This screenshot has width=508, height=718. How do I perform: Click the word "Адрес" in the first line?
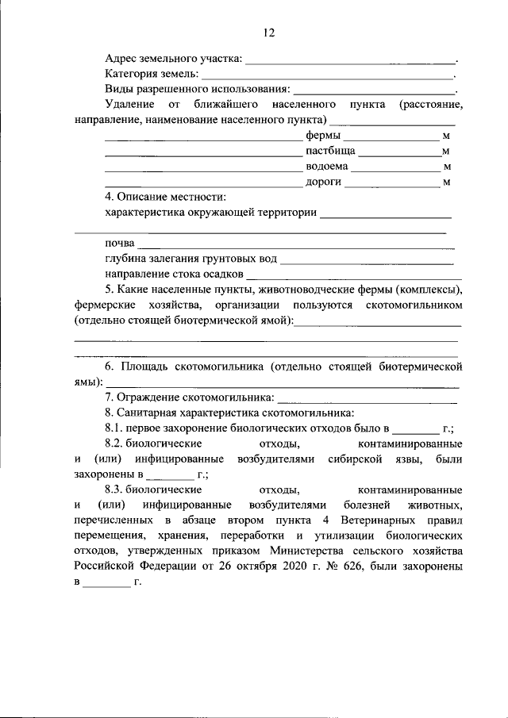(x=121, y=59)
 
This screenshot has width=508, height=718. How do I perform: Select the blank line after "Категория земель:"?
(x=326, y=76)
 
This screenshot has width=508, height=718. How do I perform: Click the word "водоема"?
(x=326, y=167)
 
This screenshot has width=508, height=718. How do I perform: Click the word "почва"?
(x=119, y=243)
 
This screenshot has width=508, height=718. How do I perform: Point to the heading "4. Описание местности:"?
(x=166, y=197)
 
